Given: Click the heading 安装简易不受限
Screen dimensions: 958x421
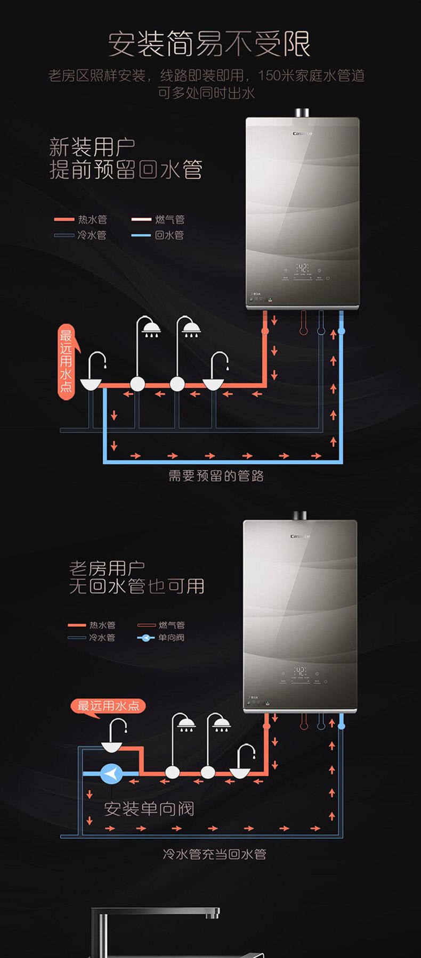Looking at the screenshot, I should (209, 44).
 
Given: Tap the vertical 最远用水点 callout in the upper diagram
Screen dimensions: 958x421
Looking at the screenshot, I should (66, 362).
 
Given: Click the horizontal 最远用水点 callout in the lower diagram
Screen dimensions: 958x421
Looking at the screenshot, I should (108, 706).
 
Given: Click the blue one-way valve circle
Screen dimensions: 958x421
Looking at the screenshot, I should (111, 773).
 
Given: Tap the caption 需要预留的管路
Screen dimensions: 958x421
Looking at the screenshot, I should (216, 476).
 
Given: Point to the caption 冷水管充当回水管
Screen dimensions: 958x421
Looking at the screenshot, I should (214, 854).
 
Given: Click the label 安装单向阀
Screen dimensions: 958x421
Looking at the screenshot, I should (149, 809).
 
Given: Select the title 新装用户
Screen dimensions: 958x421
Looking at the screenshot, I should (92, 146).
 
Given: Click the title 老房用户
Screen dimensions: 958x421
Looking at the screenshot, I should (107, 568).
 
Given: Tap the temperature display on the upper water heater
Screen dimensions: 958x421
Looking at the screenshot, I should (302, 268).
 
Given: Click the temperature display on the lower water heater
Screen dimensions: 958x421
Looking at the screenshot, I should (300, 671).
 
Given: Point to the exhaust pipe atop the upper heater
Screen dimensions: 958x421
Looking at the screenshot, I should (302, 112).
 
